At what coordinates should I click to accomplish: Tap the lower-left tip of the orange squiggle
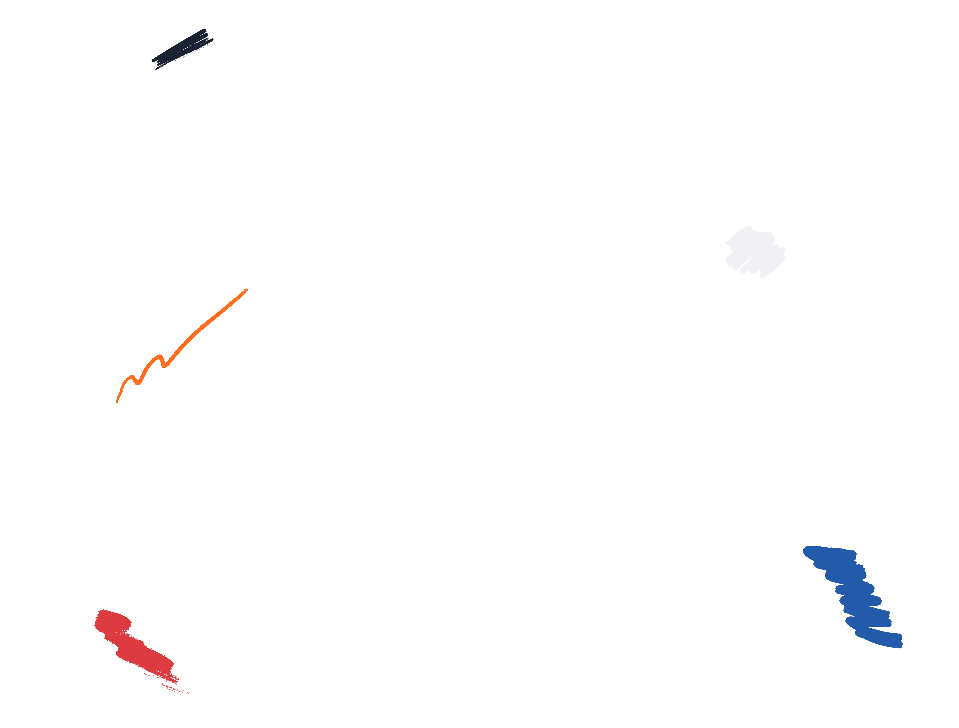click(x=117, y=402)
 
